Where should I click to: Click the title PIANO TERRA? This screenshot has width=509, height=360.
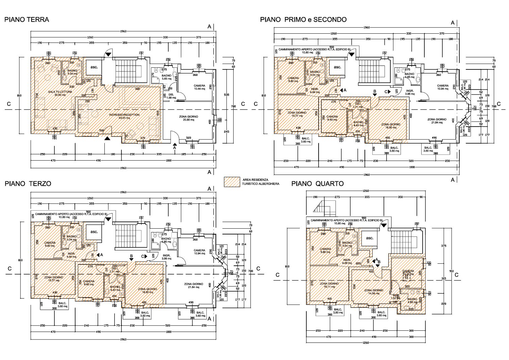[27, 20]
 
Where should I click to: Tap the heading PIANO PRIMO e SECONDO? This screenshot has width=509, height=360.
[303, 20]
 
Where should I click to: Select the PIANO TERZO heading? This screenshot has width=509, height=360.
[28, 184]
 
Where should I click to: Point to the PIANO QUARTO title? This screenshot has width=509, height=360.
[317, 184]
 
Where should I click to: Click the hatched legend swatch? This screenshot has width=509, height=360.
[232, 182]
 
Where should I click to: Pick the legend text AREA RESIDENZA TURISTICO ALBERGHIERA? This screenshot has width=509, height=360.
[260, 182]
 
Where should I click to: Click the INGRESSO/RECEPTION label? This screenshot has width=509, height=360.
[124, 116]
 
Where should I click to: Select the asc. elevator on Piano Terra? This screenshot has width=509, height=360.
[94, 67]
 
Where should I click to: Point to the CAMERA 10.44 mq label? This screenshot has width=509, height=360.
[199, 87]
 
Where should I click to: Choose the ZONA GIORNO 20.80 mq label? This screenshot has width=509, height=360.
[188, 118]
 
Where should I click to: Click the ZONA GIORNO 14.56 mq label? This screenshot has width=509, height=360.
[374, 292]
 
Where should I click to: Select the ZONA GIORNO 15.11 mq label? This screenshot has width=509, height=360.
[329, 285]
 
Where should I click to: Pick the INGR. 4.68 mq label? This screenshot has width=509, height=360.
[346, 261]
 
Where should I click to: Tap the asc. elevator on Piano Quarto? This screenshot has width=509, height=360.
[369, 238]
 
